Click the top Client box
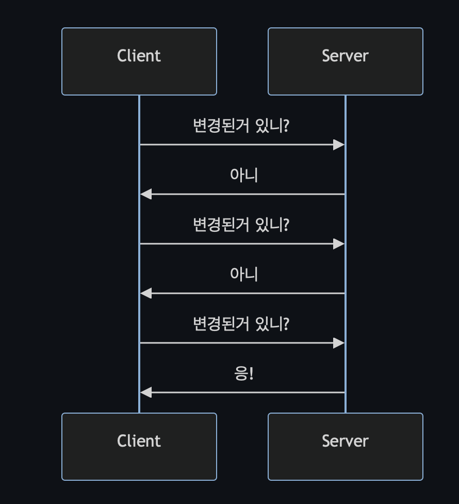139,61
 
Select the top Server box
346,61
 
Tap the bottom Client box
139,447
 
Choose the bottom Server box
346,447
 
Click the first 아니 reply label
243,175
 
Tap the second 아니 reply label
243,274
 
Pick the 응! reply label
243,373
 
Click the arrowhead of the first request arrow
339,145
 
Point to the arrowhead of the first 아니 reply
146,194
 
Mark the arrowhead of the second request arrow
339,244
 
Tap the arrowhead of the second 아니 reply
146,293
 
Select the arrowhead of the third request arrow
339,343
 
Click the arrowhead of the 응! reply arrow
146,392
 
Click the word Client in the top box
139,56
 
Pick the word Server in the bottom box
346,441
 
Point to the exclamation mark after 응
252,373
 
